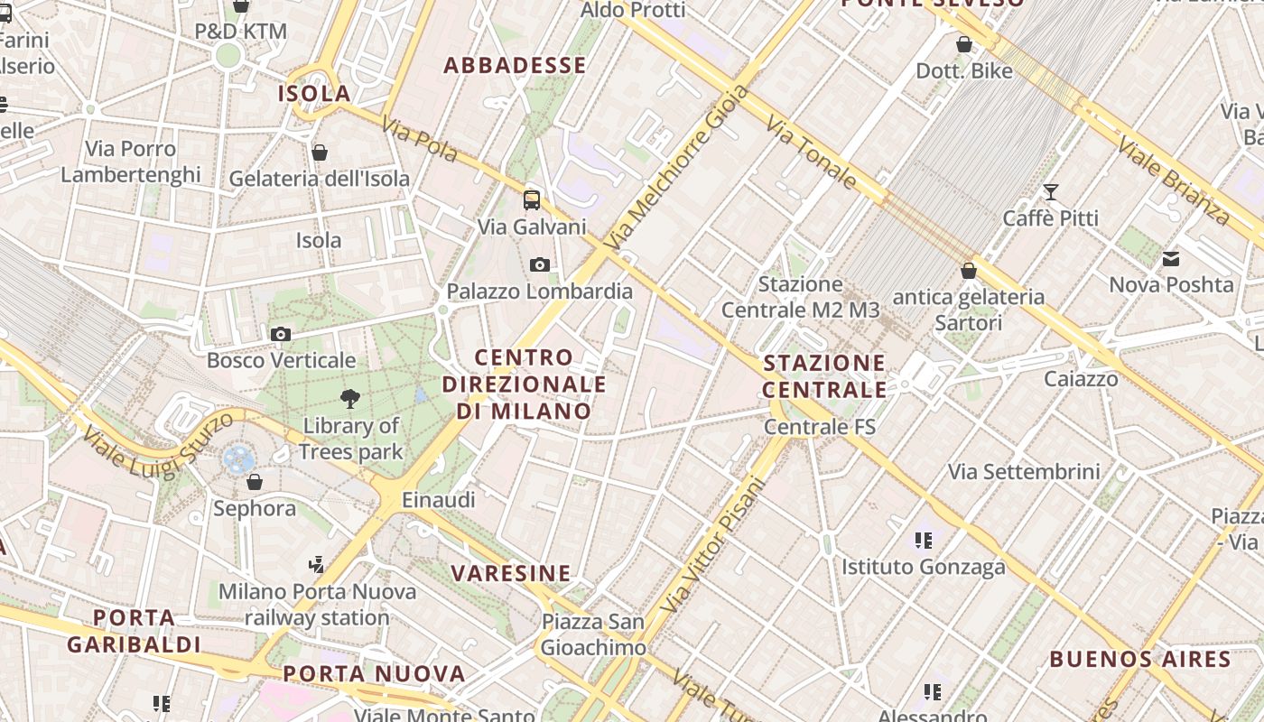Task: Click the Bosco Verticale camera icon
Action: [281, 335]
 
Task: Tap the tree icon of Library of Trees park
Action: [350, 399]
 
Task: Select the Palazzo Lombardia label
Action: [540, 292]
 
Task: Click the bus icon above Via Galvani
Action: [532, 200]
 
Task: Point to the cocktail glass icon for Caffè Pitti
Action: [1050, 192]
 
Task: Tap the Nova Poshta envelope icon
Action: [1171, 260]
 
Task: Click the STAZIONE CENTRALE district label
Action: [824, 376]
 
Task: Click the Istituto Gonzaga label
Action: [923, 567]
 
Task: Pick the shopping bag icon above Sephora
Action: [255, 483]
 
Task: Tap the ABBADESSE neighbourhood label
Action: [515, 65]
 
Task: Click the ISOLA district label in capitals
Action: [314, 93]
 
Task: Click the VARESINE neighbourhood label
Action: [511, 573]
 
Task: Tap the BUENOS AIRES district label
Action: [1139, 659]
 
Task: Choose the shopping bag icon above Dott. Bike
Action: [964, 44]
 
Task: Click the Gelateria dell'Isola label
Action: [320, 179]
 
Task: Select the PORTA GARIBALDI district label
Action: [134, 631]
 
